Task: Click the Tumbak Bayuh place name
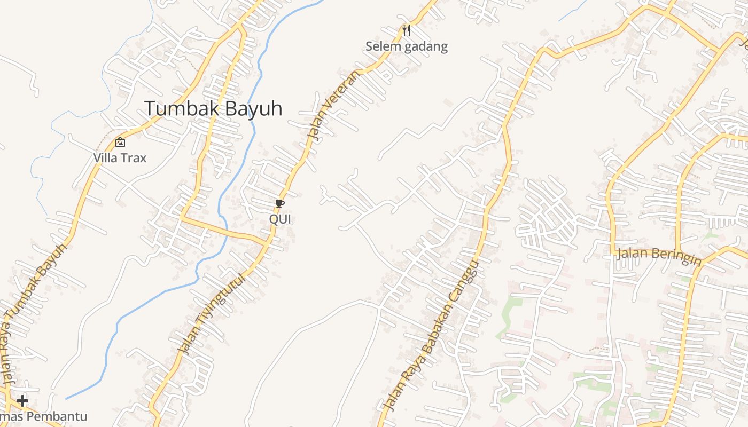213,108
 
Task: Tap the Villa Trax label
120,158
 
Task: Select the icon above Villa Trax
120,142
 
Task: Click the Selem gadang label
406,46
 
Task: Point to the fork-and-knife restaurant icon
407,30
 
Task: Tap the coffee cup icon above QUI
279,203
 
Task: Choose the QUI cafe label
280,219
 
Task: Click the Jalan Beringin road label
658,256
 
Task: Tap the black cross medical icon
22,400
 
